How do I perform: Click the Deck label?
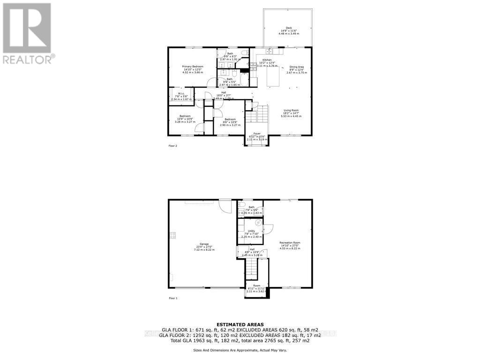(x=288, y=28)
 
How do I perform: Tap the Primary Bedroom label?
(x=193, y=67)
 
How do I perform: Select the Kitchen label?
(x=267, y=60)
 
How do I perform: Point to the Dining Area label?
(x=296, y=67)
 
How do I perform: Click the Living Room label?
(x=290, y=110)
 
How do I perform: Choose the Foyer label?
(x=256, y=134)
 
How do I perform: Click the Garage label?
(x=204, y=244)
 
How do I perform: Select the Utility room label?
(x=251, y=231)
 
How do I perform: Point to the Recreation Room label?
(x=290, y=242)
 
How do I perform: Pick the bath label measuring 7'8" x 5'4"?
(x=251, y=207)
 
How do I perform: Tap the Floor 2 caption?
(x=173, y=146)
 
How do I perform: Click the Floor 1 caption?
(x=173, y=298)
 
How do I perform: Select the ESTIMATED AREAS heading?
(x=240, y=324)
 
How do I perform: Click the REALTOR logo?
(x=29, y=33)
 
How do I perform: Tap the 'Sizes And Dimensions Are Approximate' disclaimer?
(x=240, y=350)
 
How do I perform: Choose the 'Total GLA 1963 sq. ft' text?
(x=186, y=340)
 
